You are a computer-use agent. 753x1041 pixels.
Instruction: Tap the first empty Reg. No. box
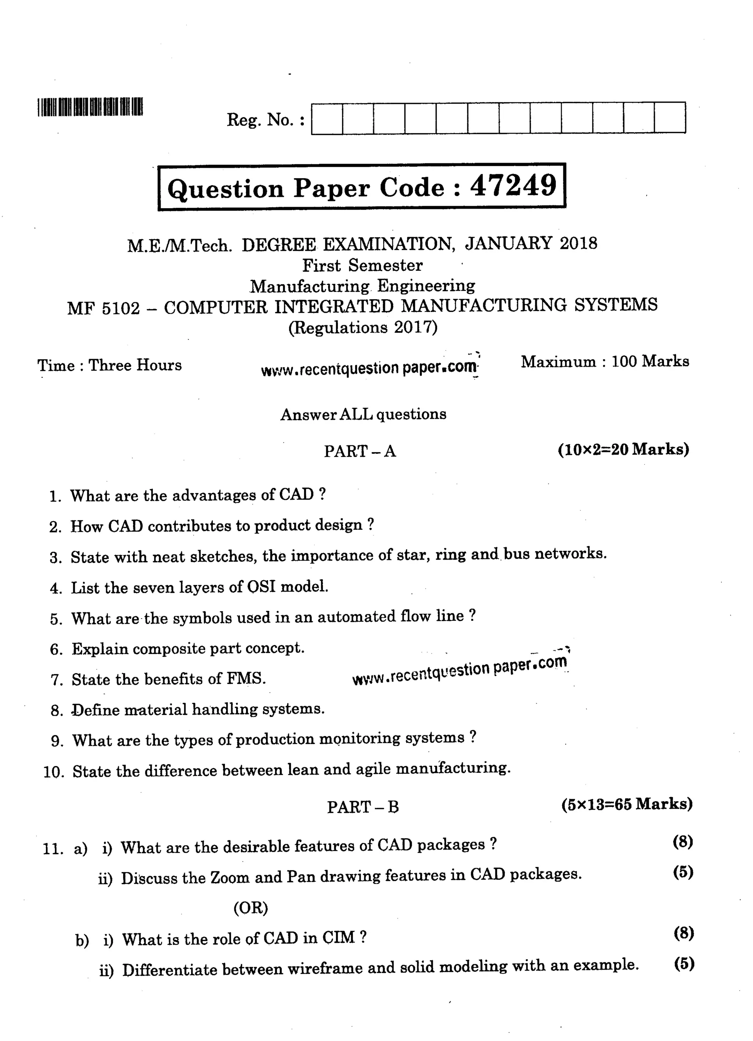pyautogui.click(x=327, y=118)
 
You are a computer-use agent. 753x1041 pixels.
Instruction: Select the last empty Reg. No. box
pyautogui.click(x=670, y=118)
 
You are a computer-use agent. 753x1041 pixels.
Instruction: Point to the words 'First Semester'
pyautogui.click(x=362, y=265)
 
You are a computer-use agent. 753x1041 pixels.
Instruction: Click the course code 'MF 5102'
pyautogui.click(x=104, y=308)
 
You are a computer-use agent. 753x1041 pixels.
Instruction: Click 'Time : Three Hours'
pyautogui.click(x=110, y=365)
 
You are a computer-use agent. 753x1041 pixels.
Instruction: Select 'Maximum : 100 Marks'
pyautogui.click(x=604, y=362)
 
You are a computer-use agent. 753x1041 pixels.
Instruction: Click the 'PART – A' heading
pyautogui.click(x=360, y=451)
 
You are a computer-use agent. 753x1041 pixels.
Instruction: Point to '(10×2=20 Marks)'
pyautogui.click(x=623, y=449)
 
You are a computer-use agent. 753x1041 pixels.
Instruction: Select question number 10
pyautogui.click(x=54, y=772)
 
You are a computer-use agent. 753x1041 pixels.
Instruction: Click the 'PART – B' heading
pyautogui.click(x=363, y=807)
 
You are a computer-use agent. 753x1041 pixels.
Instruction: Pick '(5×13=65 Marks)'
pyautogui.click(x=627, y=804)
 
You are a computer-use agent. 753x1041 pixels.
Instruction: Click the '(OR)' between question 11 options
pyautogui.click(x=250, y=908)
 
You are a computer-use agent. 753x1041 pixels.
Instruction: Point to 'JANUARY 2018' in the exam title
pyautogui.click(x=531, y=243)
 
